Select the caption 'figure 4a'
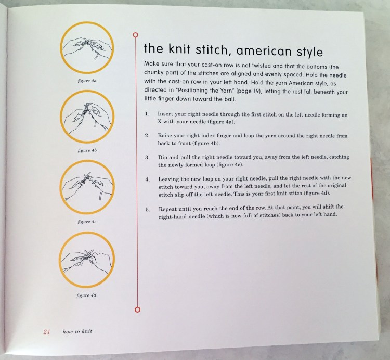[x=87, y=81]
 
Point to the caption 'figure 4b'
[x=87, y=150]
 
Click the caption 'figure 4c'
[x=87, y=222]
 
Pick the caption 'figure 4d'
[x=87, y=295]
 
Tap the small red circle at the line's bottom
[x=136, y=310]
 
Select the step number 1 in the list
[x=147, y=113]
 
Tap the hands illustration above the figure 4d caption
[x=87, y=260]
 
